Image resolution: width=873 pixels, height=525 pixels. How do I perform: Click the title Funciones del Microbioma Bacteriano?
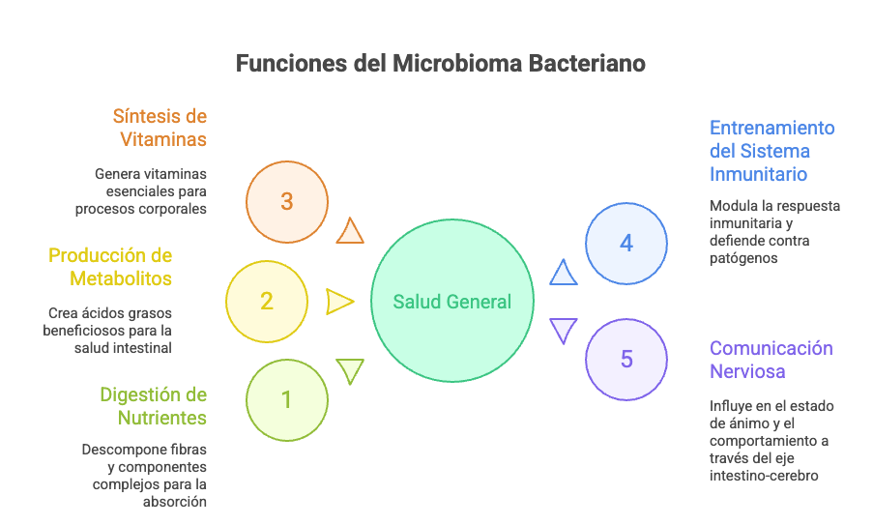(x=441, y=65)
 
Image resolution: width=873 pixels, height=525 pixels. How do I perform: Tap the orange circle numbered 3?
(x=286, y=202)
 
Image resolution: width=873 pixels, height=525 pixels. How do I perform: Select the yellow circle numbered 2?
(x=267, y=301)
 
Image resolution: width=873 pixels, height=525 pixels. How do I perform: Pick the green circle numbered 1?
(x=286, y=399)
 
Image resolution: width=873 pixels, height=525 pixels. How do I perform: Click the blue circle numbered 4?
(x=626, y=243)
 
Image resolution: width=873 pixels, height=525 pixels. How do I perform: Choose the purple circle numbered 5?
(x=626, y=359)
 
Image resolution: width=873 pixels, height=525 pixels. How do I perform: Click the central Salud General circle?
(x=451, y=302)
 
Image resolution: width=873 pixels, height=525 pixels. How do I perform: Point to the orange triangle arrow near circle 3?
(x=350, y=232)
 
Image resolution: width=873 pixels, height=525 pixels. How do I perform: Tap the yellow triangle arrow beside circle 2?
(x=338, y=302)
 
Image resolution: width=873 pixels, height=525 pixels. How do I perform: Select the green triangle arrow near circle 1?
(x=350, y=369)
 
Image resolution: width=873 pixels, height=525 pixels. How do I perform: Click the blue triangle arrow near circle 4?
(x=564, y=273)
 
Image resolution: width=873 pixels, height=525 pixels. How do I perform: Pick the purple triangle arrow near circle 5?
(x=564, y=330)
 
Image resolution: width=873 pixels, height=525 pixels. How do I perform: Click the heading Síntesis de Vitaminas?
(x=160, y=128)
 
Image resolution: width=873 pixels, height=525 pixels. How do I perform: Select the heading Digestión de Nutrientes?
(x=153, y=406)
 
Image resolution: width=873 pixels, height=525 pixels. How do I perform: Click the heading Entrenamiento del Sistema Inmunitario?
(x=771, y=151)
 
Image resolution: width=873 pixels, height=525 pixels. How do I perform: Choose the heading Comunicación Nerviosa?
(x=771, y=359)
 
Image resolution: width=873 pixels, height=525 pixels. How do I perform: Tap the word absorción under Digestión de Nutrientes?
(x=175, y=502)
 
